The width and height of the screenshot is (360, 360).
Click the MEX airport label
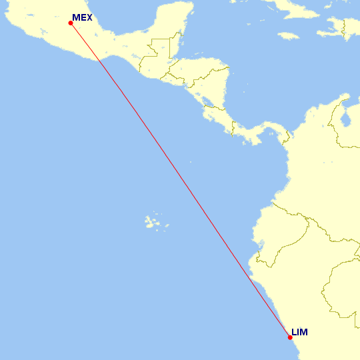(82, 18)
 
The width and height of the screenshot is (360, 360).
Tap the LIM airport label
(299, 332)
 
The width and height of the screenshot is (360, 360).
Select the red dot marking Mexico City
(71, 23)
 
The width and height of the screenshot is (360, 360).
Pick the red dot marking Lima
(290, 337)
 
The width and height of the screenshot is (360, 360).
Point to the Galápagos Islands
(155, 221)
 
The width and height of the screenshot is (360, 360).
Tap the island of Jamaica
(287, 35)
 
